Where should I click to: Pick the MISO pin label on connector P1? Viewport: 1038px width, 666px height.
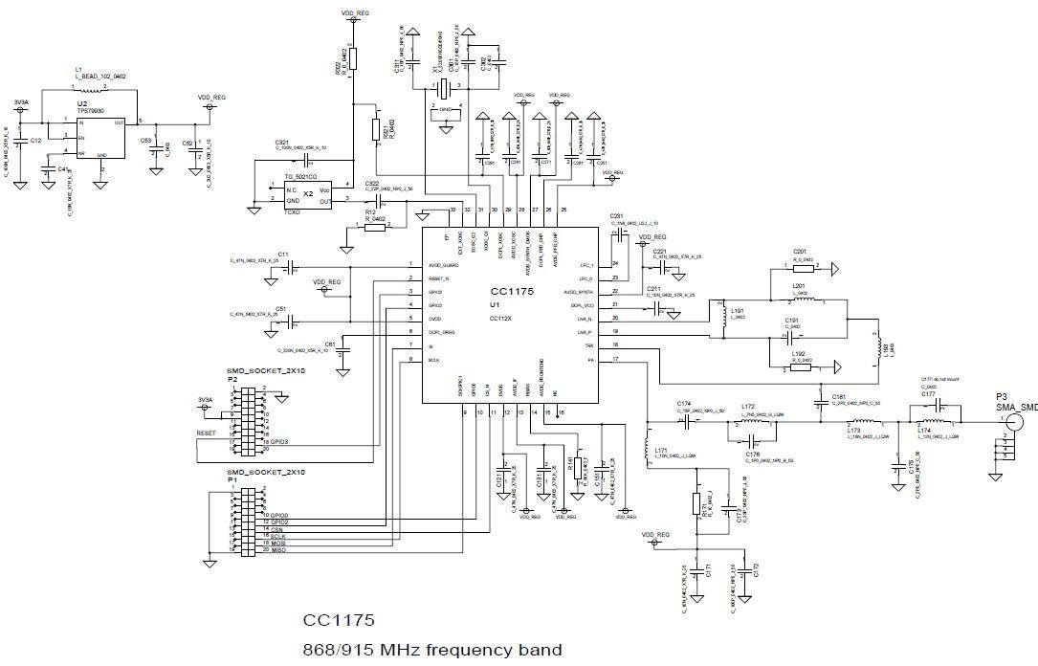279,550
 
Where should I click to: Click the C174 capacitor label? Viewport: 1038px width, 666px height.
684,403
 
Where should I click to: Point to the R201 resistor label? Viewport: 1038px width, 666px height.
800,251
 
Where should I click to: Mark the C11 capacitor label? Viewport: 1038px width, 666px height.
283,255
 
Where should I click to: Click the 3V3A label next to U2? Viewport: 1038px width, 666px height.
21,101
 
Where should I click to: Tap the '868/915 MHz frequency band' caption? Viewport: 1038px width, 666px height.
432,650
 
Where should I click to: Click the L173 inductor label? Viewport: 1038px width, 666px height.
854,430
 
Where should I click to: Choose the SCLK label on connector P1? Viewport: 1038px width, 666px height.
279,536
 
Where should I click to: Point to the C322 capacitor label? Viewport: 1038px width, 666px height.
372,184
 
